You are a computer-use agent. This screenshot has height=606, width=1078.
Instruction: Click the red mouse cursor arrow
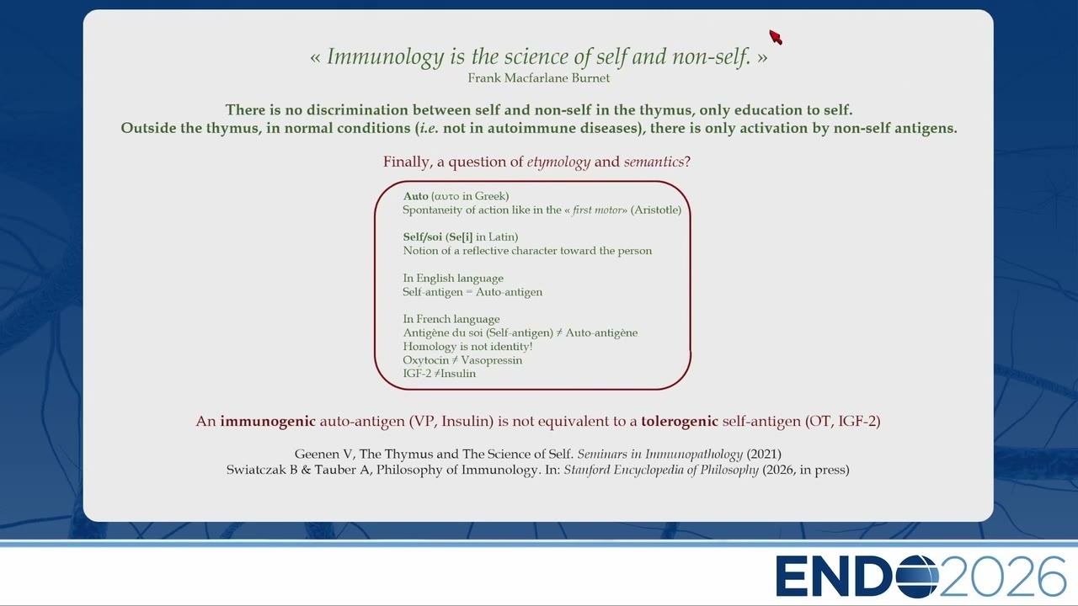[x=776, y=37]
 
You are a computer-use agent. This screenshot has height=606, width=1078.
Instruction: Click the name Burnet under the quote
[x=590, y=78]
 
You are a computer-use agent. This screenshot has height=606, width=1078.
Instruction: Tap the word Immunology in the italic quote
[x=385, y=57]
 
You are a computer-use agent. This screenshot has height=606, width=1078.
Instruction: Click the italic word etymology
[x=558, y=162]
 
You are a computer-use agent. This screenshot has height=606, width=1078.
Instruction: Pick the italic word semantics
[x=654, y=162]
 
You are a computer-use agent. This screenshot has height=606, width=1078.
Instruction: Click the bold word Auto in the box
[x=415, y=196]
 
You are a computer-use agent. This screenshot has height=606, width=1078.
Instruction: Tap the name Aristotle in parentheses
[x=655, y=210]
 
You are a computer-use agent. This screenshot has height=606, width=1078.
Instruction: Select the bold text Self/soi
[x=422, y=237]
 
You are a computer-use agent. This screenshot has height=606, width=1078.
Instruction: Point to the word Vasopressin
[x=491, y=360]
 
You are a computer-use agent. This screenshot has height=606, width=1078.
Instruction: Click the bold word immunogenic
[x=268, y=422]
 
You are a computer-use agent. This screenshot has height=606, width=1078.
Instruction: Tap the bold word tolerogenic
[x=679, y=422]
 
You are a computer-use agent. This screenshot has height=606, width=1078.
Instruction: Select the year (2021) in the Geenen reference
[x=764, y=454]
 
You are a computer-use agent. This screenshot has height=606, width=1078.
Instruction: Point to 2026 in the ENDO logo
[x=1002, y=577]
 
